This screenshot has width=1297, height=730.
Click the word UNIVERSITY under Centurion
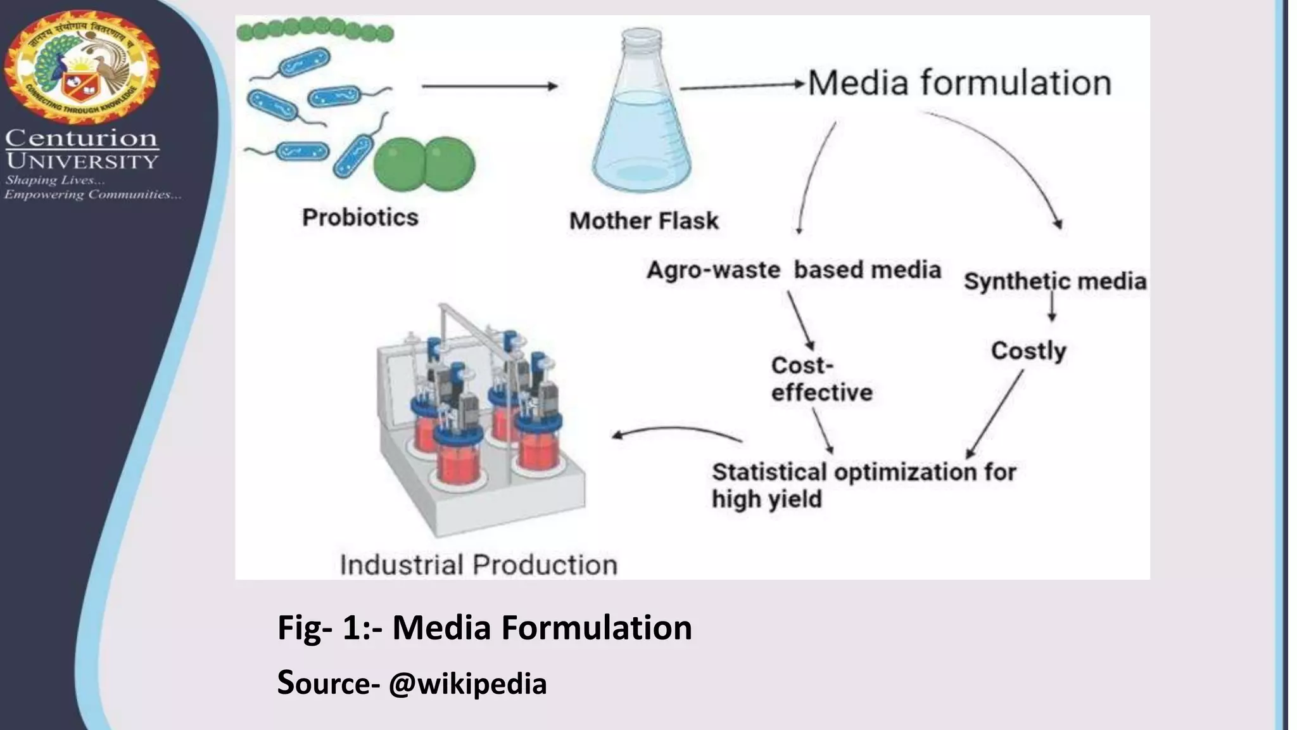click(82, 161)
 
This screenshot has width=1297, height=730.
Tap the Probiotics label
click(360, 217)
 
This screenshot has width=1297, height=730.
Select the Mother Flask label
click(643, 221)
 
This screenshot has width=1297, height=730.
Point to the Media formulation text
click(959, 83)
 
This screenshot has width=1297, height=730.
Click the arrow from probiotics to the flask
click(489, 86)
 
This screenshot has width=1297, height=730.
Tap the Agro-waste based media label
click(794, 270)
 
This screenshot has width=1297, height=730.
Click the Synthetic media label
click(1054, 281)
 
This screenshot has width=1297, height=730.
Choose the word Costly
click(1028, 350)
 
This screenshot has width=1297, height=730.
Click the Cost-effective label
click(821, 379)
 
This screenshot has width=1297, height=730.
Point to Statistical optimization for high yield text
click(863, 485)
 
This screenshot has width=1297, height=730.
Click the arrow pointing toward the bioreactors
click(676, 432)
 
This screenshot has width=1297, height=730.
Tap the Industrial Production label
click(478, 565)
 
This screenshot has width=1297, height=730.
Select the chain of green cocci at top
click(315, 30)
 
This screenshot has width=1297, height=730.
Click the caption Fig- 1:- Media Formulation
click(484, 627)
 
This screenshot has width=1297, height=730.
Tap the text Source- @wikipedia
click(412, 683)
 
